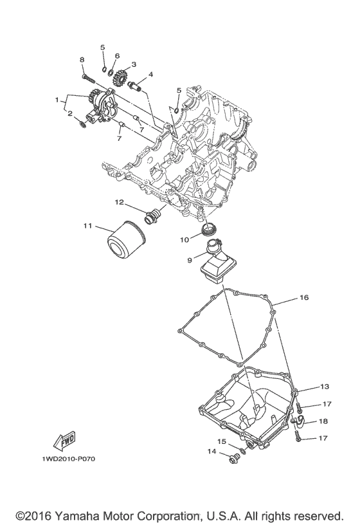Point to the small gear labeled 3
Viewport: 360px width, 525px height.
click(118, 80)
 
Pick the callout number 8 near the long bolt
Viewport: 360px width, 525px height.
click(82, 60)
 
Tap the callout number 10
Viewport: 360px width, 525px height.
click(184, 239)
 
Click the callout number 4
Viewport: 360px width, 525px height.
click(150, 75)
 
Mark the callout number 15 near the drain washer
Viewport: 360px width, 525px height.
click(222, 441)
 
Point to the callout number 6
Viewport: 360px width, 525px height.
click(117, 57)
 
